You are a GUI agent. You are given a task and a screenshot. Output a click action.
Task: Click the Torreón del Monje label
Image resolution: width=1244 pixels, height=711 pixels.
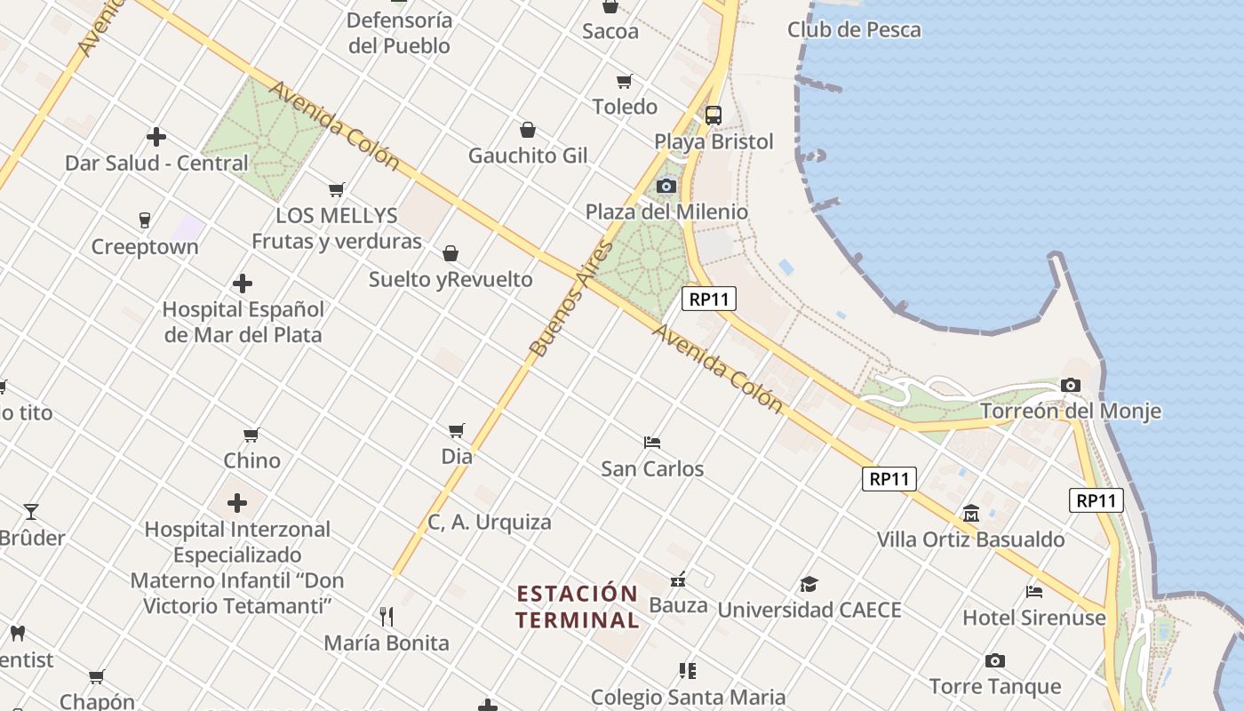click(1070, 411)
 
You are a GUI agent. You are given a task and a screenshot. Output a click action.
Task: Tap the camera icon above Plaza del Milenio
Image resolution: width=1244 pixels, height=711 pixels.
click(666, 187)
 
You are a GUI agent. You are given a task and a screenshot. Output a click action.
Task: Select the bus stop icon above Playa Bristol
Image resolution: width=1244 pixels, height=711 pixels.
click(713, 115)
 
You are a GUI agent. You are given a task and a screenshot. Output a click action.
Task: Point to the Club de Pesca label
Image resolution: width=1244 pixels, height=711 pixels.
click(853, 29)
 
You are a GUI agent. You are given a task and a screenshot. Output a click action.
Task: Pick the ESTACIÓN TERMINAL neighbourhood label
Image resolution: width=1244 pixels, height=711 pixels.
click(578, 606)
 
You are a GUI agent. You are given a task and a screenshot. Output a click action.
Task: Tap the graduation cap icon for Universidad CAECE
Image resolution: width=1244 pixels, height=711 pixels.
click(809, 584)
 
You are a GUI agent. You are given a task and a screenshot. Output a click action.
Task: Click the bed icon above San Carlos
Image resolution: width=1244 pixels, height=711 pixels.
click(652, 443)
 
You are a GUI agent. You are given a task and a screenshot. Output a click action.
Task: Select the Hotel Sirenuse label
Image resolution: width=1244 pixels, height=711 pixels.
click(1033, 618)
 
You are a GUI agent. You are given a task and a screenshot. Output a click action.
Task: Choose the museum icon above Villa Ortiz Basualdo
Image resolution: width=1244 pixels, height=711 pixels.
click(970, 514)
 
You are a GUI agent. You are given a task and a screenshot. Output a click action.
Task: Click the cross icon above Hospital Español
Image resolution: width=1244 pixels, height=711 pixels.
click(243, 284)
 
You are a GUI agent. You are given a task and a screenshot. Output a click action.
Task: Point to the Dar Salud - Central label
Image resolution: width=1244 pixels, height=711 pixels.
click(156, 163)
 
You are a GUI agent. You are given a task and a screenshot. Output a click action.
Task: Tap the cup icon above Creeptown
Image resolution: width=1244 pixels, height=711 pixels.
click(144, 220)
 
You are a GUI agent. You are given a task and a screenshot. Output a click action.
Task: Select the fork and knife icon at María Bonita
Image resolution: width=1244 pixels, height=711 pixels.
click(387, 616)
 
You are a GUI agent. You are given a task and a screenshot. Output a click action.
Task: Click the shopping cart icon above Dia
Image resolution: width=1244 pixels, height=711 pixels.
click(457, 431)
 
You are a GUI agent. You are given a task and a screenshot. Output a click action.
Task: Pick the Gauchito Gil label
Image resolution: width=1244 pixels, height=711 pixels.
click(528, 156)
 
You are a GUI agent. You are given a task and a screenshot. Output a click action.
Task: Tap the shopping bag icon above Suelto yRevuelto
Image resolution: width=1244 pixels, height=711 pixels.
click(451, 253)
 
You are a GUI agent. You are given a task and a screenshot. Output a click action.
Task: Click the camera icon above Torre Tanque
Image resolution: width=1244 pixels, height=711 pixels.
click(994, 660)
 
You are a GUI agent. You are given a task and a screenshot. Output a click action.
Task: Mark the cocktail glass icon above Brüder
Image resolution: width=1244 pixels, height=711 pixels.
click(31, 512)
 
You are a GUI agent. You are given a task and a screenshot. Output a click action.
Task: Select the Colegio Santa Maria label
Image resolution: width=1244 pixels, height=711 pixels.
click(688, 697)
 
